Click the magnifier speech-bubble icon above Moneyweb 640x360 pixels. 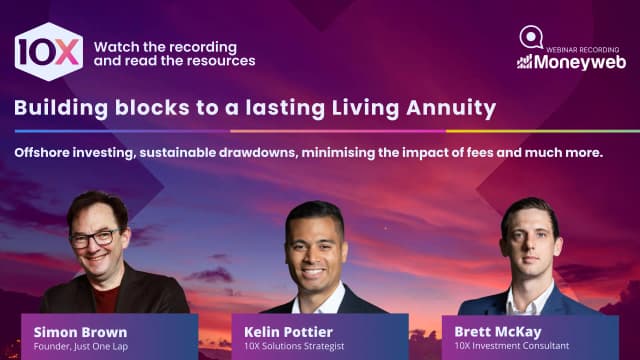pyautogui.click(x=531, y=37)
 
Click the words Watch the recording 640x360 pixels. pyautogui.click(x=165, y=46)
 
